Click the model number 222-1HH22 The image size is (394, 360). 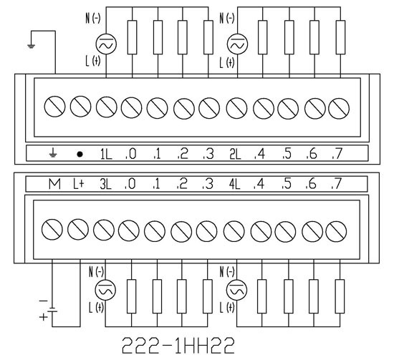coord(178,346)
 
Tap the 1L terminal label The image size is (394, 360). coord(106,154)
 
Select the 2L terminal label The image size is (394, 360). coord(235,154)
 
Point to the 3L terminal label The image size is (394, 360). coord(105,184)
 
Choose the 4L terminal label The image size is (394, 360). coord(234,184)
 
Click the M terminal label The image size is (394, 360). coord(54,184)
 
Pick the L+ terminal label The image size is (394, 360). coord(78,184)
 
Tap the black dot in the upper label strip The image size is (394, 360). coord(80,154)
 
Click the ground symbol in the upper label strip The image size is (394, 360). coord(52,153)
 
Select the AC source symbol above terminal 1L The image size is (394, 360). coord(106,44)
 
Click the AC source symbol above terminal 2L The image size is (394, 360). coord(237,44)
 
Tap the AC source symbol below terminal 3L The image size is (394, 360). coord(105,290)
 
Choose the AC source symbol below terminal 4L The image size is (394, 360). coord(236,290)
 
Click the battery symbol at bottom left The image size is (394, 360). coord(52,309)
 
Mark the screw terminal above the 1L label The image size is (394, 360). coord(106,107)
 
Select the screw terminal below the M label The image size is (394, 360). coord(52,230)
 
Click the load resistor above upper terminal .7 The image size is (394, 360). coord(340,37)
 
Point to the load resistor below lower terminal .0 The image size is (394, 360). coord(131,296)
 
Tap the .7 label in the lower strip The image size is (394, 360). coord(337,184)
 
